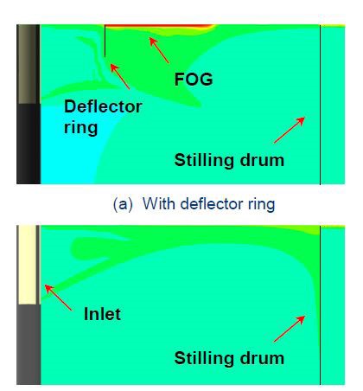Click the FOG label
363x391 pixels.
point(194,79)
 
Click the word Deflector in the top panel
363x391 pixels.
point(103,106)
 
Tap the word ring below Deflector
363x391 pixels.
point(80,128)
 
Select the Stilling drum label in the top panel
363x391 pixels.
point(229,160)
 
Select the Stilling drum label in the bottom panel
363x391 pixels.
point(229,358)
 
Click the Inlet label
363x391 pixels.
point(102,314)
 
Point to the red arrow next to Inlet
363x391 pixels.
point(58,298)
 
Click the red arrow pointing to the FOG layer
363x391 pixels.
point(159,50)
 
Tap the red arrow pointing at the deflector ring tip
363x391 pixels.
point(120,76)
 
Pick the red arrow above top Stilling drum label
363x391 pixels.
point(290,130)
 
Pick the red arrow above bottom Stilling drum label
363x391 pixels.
point(290,329)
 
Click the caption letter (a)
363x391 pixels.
point(123,204)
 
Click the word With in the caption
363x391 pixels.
point(159,204)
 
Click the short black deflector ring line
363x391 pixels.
point(105,41)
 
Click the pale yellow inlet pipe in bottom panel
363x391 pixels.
point(27,265)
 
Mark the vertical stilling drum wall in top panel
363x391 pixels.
point(320,105)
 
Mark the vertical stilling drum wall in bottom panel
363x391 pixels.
point(320,305)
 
